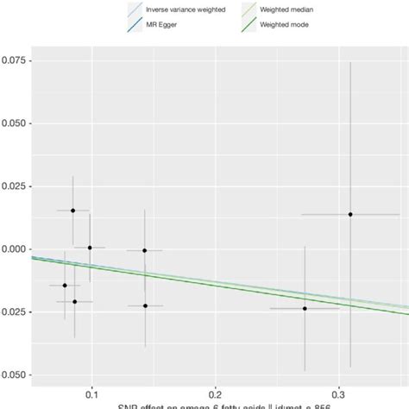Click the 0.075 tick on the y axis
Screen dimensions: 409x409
click(x=16, y=61)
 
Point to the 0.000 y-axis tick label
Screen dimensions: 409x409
click(x=16, y=249)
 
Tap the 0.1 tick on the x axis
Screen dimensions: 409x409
click(x=91, y=389)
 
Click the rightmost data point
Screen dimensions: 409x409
click(x=350, y=214)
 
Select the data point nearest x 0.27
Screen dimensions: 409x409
click(x=305, y=308)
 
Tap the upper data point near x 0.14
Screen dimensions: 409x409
click(x=145, y=250)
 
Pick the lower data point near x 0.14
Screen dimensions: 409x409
click(x=145, y=305)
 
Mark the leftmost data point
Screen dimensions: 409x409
click(x=65, y=285)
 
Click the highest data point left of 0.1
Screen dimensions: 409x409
click(x=73, y=211)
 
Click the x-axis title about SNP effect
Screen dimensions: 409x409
click(x=215, y=405)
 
